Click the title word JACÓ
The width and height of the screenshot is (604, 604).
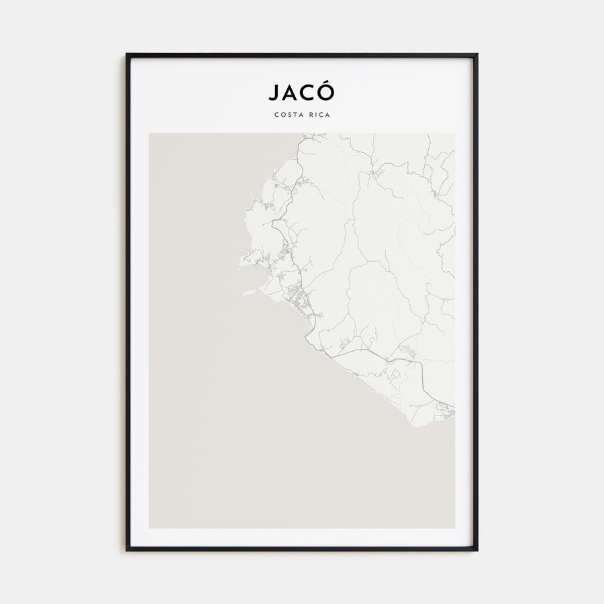[301, 92]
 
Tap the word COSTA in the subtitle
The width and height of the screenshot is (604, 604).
[287, 114]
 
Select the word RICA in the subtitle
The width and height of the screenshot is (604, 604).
[319, 114]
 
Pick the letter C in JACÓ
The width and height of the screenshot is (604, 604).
[309, 93]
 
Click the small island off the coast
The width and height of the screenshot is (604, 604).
[248, 292]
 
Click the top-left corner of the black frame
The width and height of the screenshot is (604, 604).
[127, 54]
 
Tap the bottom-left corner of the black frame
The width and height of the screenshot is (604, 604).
[127, 550]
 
